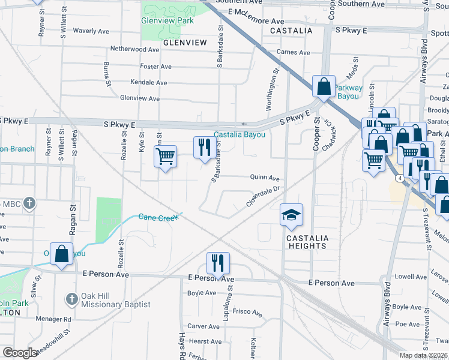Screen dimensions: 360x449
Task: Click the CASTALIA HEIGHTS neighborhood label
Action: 307,242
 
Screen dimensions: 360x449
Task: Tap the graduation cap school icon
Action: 291,215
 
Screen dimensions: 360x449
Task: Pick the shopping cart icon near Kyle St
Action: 165,157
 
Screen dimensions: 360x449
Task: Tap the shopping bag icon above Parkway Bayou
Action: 324,86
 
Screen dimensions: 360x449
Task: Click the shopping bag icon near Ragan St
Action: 61,254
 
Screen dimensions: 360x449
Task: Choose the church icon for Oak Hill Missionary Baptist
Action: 71,299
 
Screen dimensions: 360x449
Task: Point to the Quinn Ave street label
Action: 265,178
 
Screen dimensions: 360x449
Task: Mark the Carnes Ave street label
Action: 293,52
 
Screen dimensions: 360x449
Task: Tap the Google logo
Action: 20,353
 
